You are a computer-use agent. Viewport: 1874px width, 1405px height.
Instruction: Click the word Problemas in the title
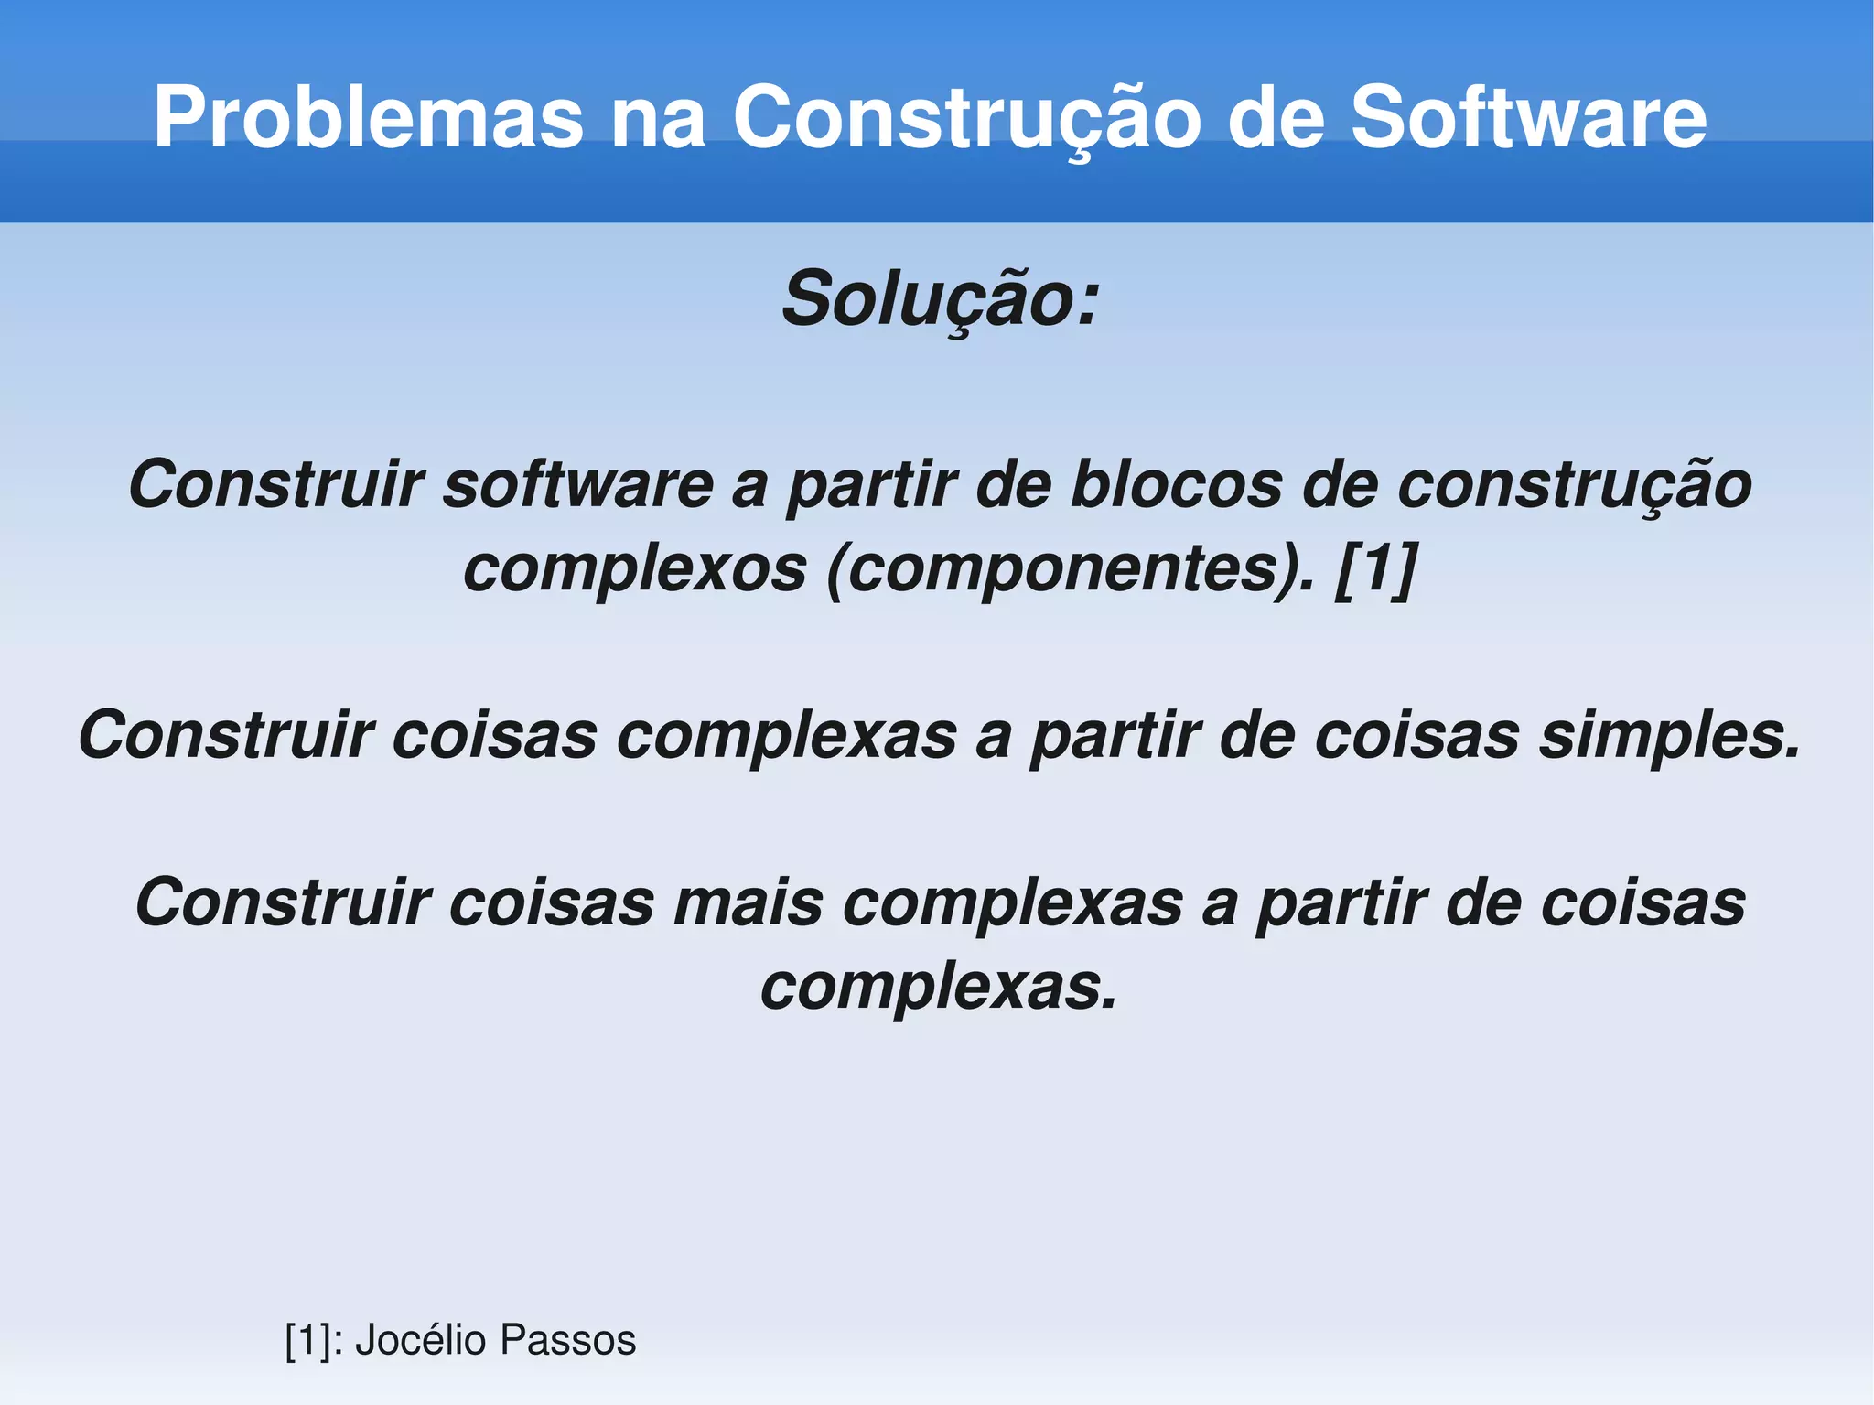click(368, 117)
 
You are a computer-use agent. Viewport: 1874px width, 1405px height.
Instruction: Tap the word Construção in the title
click(966, 117)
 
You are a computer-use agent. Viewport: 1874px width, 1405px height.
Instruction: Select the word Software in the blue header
click(1528, 117)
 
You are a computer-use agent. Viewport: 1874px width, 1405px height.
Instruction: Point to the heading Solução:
click(940, 298)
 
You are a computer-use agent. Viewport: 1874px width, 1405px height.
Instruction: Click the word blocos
click(1176, 483)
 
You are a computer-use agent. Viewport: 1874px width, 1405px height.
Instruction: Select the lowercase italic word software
click(578, 483)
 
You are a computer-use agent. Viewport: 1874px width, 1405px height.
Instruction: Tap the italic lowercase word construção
click(1574, 483)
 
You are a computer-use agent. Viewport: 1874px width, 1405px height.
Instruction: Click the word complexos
click(635, 568)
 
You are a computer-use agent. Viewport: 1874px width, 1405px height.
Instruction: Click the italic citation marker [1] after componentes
click(1375, 568)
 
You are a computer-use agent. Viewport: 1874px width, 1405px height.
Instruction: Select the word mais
click(748, 902)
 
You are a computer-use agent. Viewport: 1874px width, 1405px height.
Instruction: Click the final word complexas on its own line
click(939, 987)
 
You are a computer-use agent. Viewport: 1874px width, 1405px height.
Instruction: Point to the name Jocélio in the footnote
click(420, 1340)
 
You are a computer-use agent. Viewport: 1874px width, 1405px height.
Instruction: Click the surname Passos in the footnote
click(567, 1340)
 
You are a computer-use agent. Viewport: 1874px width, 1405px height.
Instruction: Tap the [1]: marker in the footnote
click(314, 1340)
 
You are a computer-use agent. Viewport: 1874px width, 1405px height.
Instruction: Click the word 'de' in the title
click(1276, 117)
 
